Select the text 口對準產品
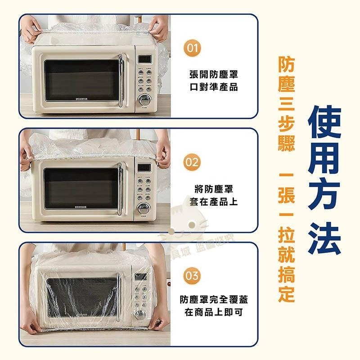pyautogui.click(x=214, y=87)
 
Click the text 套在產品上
pyautogui.click(x=214, y=202)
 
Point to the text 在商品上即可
pyautogui.click(x=214, y=312)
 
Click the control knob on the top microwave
pyautogui.click(x=145, y=100)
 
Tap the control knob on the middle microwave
pyautogui.click(x=144, y=208)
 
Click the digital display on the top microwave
pyautogui.click(x=144, y=59)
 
